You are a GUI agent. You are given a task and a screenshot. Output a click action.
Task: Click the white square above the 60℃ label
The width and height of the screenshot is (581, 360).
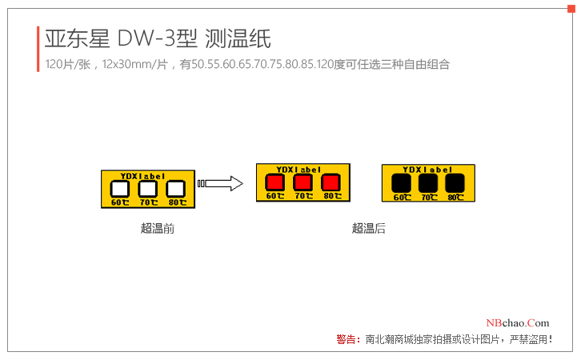pyautogui.click(x=119, y=189)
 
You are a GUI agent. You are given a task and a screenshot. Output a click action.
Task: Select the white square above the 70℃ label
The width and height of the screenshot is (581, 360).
pyautogui.click(x=147, y=189)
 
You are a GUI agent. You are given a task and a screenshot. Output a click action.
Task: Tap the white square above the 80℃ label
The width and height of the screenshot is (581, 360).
pyautogui.click(x=175, y=189)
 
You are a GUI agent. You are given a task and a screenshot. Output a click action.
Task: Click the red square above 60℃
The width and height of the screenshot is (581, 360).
pyautogui.click(x=274, y=183)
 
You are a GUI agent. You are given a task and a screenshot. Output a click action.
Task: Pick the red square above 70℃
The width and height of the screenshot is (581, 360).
pyautogui.click(x=303, y=183)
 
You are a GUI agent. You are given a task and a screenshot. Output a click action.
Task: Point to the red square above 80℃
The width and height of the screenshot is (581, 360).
pyautogui.click(x=331, y=183)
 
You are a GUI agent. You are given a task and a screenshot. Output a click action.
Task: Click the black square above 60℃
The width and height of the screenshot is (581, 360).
pyautogui.click(x=400, y=184)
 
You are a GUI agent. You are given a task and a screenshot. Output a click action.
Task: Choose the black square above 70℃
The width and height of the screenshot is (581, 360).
pyautogui.click(x=428, y=184)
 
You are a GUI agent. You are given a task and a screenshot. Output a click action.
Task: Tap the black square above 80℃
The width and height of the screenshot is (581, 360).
pyautogui.click(x=455, y=184)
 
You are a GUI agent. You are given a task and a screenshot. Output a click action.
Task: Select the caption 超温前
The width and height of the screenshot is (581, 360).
pyautogui.click(x=158, y=229)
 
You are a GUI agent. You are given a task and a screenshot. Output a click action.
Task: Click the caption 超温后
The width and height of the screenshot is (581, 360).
pyautogui.click(x=368, y=229)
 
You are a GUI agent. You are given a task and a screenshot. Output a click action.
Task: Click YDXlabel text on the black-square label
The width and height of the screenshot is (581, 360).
pyautogui.click(x=427, y=170)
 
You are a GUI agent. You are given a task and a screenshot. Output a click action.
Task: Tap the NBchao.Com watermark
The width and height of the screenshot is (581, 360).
pyautogui.click(x=518, y=322)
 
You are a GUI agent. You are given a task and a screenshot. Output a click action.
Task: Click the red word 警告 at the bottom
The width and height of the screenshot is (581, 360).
pyautogui.click(x=347, y=339)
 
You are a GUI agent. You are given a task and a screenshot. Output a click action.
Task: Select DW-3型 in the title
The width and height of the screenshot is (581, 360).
pyautogui.click(x=158, y=38)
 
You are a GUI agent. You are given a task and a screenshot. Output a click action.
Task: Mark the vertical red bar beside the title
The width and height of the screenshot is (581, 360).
pyautogui.click(x=38, y=49)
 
